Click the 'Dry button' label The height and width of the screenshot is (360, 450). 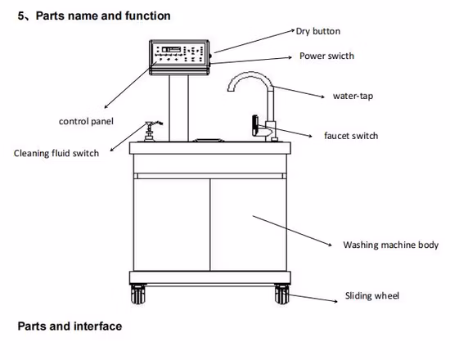(318, 31)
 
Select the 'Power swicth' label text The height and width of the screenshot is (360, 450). (326, 56)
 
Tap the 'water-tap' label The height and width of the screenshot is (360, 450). (353, 96)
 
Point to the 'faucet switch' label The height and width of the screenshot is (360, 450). (351, 136)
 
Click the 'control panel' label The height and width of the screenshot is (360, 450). (86, 121)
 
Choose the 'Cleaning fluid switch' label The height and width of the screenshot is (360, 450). (56, 153)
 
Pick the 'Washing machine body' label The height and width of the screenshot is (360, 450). (390, 245)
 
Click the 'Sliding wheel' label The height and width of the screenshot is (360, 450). (372, 295)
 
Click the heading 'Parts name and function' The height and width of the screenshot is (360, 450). (103, 16)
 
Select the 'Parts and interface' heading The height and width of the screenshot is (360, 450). (70, 326)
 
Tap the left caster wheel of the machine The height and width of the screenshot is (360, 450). (138, 294)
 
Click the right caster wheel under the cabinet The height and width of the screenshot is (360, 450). (281, 294)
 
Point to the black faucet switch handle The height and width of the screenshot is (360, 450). (254, 125)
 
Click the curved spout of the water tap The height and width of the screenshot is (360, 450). (250, 79)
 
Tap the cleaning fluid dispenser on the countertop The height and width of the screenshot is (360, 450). (150, 132)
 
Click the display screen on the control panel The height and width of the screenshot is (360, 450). (171, 49)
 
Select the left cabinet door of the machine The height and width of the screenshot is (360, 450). (172, 225)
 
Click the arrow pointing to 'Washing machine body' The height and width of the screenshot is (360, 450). (292, 231)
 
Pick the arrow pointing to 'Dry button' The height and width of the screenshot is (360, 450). (254, 41)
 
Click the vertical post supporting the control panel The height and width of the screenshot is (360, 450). (179, 108)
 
